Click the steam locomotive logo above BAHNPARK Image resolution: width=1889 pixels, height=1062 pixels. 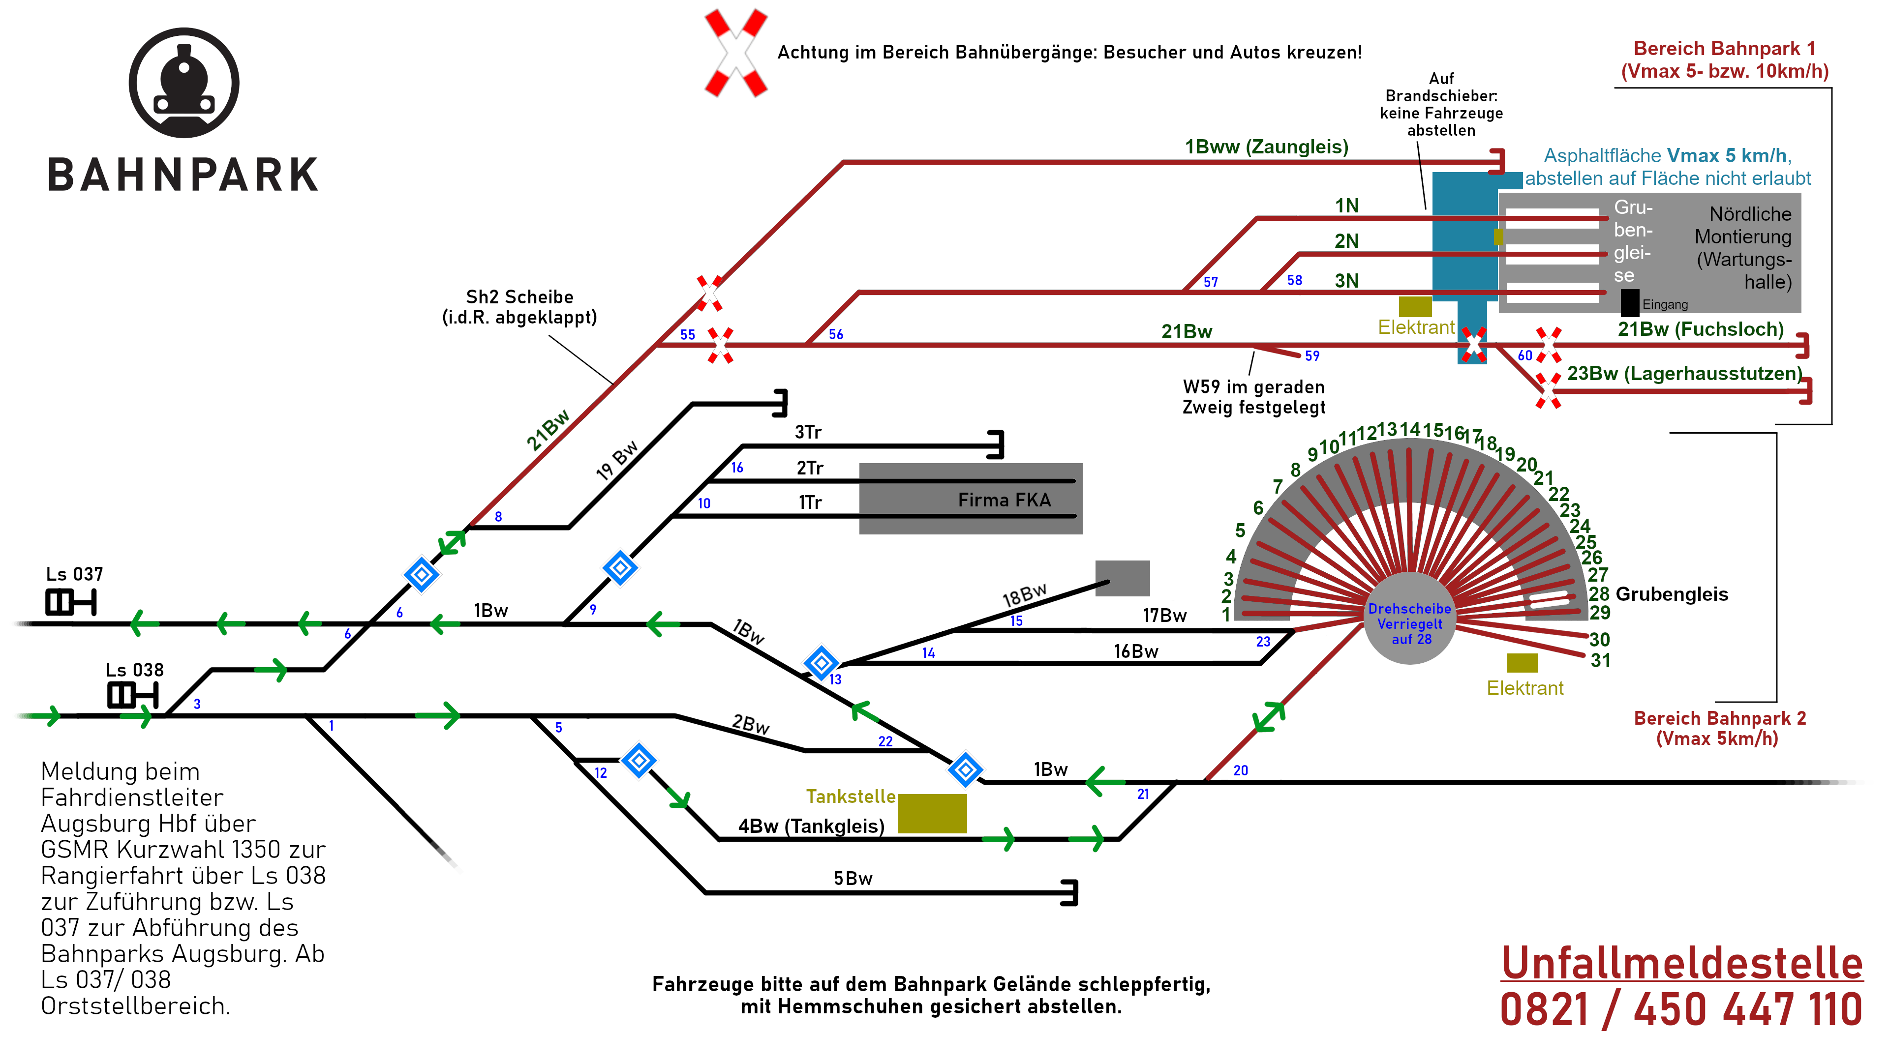pyautogui.click(x=184, y=83)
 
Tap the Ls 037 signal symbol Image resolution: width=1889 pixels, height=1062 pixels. pyautogui.click(x=70, y=602)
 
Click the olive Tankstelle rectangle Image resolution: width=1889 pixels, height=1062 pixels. pyautogui.click(x=932, y=814)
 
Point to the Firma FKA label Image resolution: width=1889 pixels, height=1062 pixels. pyautogui.click(x=1004, y=500)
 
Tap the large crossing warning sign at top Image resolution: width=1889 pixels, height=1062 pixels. pyautogui.click(x=735, y=53)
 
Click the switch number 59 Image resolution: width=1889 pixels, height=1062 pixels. pyautogui.click(x=1312, y=355)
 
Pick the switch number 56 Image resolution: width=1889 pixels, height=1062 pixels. pyautogui.click(x=836, y=334)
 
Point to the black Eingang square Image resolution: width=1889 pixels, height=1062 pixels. pyautogui.click(x=1629, y=303)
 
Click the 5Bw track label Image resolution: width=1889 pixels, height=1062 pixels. pyautogui.click(x=853, y=879)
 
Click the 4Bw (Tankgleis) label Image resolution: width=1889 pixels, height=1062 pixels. pyautogui.click(x=811, y=826)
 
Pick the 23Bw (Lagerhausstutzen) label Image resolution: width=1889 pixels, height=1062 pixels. pyautogui.click(x=1684, y=373)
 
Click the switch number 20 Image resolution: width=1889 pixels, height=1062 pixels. pyautogui.click(x=1240, y=770)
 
